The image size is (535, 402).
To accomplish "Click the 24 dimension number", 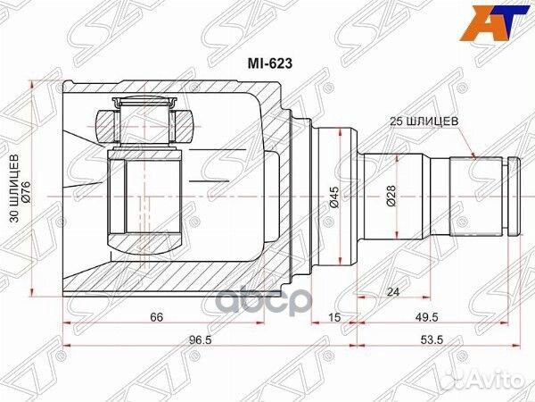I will tap(394, 291).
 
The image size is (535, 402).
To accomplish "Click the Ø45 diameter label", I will tap(332, 194).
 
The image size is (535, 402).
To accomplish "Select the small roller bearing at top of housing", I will tap(144, 120).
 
